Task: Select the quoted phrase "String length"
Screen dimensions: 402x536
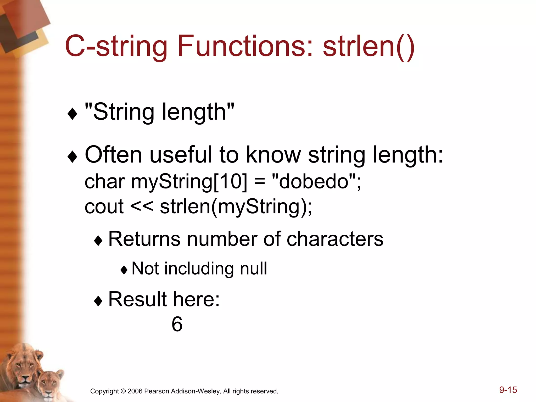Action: (x=159, y=112)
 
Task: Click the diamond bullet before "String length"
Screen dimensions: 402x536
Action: (x=72, y=114)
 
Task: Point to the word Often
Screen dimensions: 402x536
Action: (x=113, y=155)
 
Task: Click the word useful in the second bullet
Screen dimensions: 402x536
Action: (x=180, y=155)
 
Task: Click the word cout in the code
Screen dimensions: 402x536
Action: (x=104, y=206)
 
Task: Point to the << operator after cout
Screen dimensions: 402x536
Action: (x=141, y=206)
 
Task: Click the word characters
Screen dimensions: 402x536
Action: (x=335, y=239)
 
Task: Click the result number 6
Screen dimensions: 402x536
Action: (x=177, y=324)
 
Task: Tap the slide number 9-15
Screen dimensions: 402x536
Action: (x=508, y=390)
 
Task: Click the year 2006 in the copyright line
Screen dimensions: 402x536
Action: (x=135, y=391)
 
